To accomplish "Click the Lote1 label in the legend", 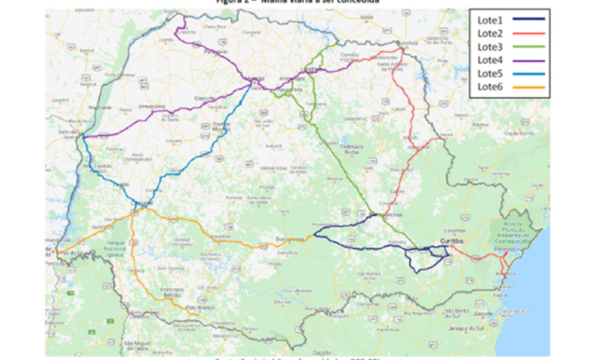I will click(x=491, y=20).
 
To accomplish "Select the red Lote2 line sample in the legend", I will click(x=529, y=33).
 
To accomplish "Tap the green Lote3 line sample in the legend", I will click(x=529, y=47).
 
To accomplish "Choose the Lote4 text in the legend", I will click(x=491, y=60).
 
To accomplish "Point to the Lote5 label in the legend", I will click(x=491, y=73).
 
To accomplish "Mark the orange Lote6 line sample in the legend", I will click(x=529, y=87).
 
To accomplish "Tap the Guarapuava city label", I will click(x=290, y=238).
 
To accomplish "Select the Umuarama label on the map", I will click(x=151, y=105).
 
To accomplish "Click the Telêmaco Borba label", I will click(x=351, y=149).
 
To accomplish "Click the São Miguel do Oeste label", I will click(x=138, y=344).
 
